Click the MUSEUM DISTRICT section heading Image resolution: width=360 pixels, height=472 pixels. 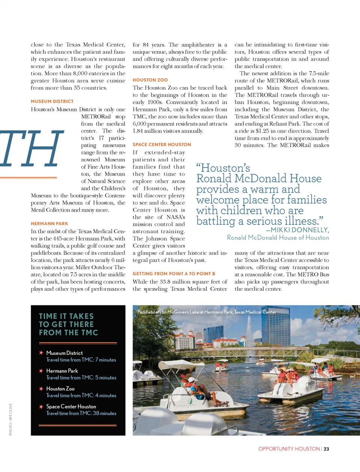tap(52, 102)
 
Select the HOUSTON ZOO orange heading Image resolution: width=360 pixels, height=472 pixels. tap(150, 80)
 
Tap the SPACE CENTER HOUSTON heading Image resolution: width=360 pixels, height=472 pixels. tap(162, 145)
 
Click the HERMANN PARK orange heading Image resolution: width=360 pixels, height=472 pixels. tap(49, 224)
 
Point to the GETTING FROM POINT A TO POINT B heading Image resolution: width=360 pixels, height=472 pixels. tap(174, 274)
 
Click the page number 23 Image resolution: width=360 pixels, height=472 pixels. tap(326, 449)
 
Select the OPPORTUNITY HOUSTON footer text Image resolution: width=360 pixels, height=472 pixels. tap(289, 449)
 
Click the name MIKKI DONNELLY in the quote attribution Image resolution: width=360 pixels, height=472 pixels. tap(300, 230)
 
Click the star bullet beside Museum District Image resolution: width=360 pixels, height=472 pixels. tap(41, 353)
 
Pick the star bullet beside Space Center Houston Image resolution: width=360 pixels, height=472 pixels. tap(41, 406)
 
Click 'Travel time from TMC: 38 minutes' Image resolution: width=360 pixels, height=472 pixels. tap(81, 414)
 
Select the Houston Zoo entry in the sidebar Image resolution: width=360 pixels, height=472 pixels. tap(60, 389)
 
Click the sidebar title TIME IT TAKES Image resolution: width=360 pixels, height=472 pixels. tap(66, 317)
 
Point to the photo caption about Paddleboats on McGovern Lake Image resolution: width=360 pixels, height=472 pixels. tap(207, 312)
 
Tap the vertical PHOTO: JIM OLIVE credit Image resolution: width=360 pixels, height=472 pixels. tap(10, 419)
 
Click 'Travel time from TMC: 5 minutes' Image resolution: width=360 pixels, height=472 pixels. tap(81, 378)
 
